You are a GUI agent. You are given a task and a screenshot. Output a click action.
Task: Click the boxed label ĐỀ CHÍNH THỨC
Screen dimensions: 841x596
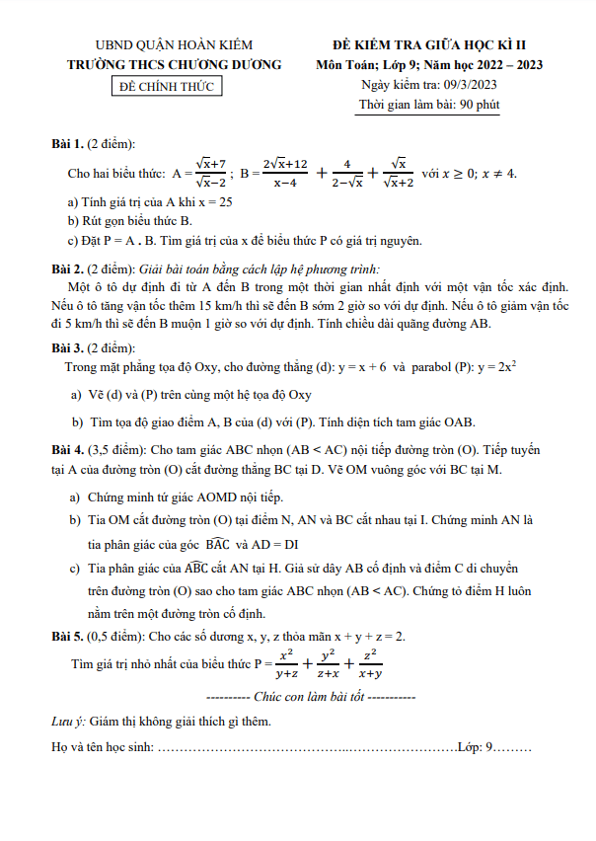pos(166,86)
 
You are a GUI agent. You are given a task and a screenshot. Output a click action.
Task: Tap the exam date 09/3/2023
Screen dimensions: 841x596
pos(466,85)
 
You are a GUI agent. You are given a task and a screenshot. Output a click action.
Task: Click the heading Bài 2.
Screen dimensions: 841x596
pos(67,268)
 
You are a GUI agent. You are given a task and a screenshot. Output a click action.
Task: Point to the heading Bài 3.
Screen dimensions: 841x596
pos(67,347)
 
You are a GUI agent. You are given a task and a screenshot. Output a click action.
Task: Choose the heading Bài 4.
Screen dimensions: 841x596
pos(67,449)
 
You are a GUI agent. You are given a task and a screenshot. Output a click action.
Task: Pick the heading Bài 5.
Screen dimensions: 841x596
pos(67,637)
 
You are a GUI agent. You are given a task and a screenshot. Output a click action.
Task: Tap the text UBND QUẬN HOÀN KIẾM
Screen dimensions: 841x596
pos(174,45)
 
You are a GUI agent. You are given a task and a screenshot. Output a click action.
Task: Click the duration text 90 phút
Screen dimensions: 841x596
pos(479,105)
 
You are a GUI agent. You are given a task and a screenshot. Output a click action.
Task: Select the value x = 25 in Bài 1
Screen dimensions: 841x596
pos(213,200)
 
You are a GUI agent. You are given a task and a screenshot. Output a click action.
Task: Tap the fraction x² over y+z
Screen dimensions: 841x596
pos(287,664)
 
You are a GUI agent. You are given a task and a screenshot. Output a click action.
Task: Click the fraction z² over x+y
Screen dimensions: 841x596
pos(371,664)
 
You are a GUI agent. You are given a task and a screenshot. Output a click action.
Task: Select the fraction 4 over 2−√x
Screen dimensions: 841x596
pos(346,174)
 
